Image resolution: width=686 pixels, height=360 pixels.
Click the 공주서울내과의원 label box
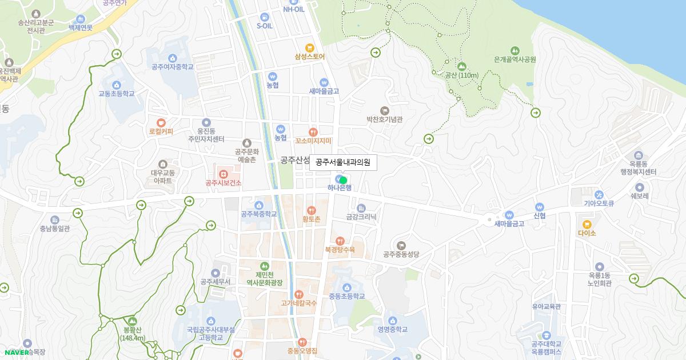tap(343, 162)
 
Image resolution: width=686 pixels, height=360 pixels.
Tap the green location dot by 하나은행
tap(344, 180)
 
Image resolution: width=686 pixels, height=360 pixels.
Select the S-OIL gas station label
tap(264, 26)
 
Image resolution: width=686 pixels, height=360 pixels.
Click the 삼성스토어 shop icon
tap(310, 48)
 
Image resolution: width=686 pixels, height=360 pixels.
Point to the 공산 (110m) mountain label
tap(461, 75)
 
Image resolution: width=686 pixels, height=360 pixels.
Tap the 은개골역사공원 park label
tap(514, 59)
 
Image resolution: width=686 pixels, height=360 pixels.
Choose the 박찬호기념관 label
tap(385, 119)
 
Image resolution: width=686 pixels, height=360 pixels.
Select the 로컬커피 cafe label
tap(161, 131)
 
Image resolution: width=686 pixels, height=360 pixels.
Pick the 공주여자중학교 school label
tap(173, 67)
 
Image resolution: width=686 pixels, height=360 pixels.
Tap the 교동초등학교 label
tap(117, 93)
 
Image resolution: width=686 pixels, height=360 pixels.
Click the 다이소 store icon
tap(587, 233)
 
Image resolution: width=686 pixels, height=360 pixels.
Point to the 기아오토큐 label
tap(599, 203)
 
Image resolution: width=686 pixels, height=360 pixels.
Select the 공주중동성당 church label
tap(401, 254)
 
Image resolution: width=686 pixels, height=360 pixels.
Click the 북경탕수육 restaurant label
tap(340, 249)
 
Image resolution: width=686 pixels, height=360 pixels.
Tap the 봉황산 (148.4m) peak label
tap(133, 334)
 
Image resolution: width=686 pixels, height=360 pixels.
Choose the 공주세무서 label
tap(216, 282)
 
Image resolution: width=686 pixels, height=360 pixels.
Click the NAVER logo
tap(15, 352)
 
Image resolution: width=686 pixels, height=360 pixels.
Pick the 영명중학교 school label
tap(392, 329)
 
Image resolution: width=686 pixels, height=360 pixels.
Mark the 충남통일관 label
tap(55, 229)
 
